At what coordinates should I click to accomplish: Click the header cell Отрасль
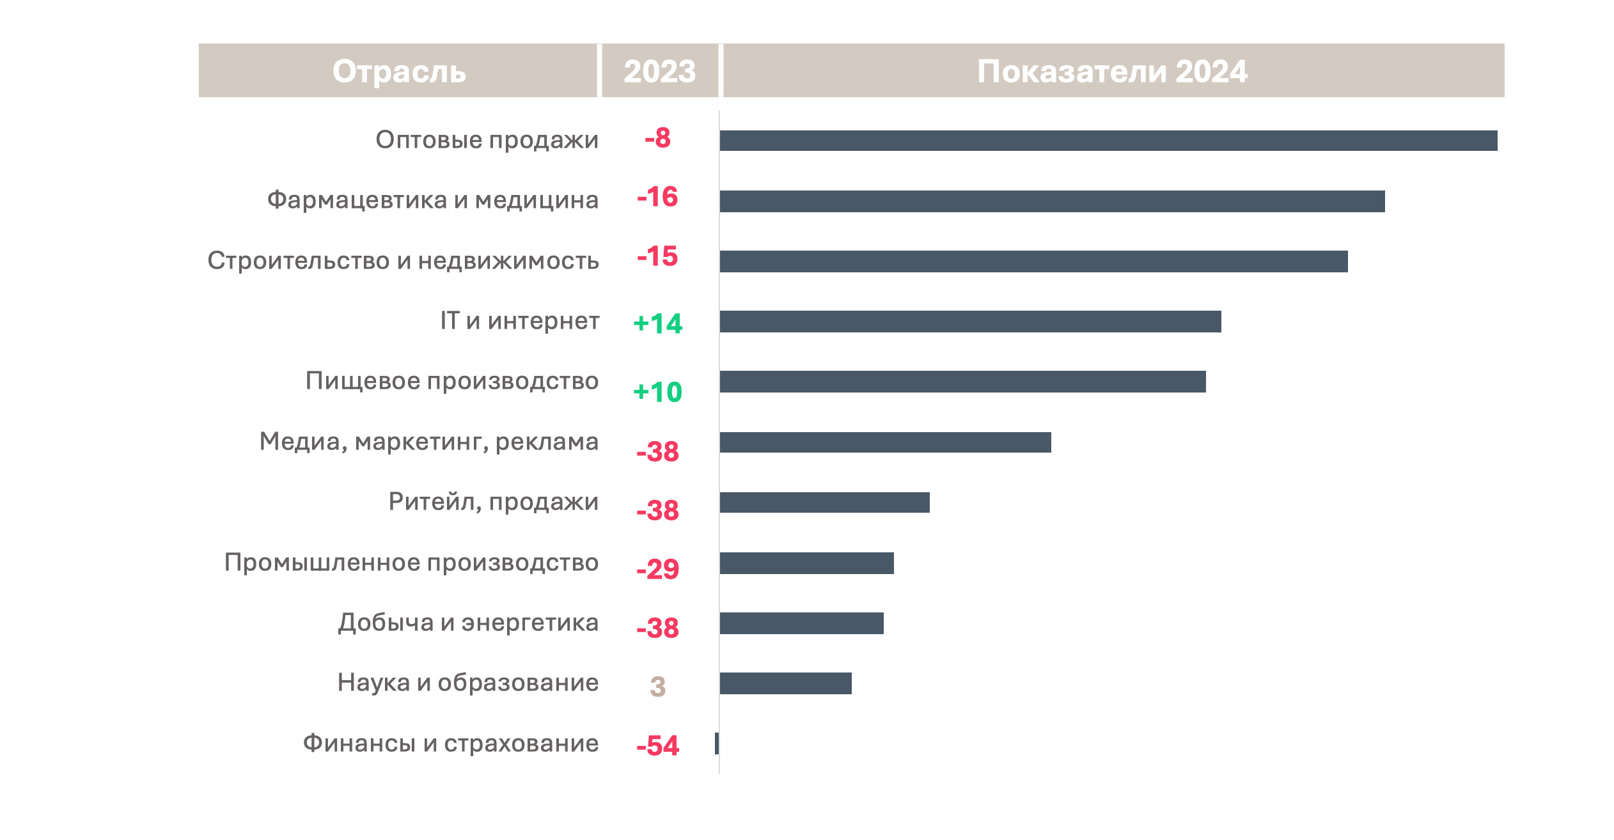pyautogui.click(x=398, y=71)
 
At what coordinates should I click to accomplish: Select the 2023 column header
pyautogui.click(x=659, y=71)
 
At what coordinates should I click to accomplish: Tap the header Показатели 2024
pyautogui.click(x=1112, y=71)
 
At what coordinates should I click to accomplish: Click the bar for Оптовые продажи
pyautogui.click(x=1108, y=141)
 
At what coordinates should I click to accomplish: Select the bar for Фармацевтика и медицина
pyautogui.click(x=1051, y=201)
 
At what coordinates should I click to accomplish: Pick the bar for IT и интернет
pyautogui.click(x=969, y=322)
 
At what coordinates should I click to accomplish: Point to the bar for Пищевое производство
pyautogui.click(x=962, y=382)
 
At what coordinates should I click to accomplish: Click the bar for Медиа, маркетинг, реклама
pyautogui.click(x=884, y=442)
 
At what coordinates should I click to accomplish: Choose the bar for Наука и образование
pyautogui.click(x=785, y=683)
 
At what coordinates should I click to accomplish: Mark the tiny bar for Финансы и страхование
pyautogui.click(x=717, y=743)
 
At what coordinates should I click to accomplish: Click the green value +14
pyautogui.click(x=657, y=323)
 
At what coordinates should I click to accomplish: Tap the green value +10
pyautogui.click(x=657, y=392)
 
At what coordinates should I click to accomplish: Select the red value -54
pyautogui.click(x=657, y=745)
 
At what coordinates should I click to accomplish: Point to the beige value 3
pyautogui.click(x=657, y=687)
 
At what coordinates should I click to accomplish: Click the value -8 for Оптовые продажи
pyautogui.click(x=657, y=138)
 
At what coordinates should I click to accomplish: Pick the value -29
pyautogui.click(x=657, y=569)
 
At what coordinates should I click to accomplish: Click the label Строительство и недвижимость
pyautogui.click(x=403, y=261)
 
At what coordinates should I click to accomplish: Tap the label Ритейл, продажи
pyautogui.click(x=493, y=502)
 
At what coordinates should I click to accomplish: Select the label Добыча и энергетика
pyautogui.click(x=468, y=623)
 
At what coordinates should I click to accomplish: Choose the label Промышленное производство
pyautogui.click(x=411, y=563)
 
